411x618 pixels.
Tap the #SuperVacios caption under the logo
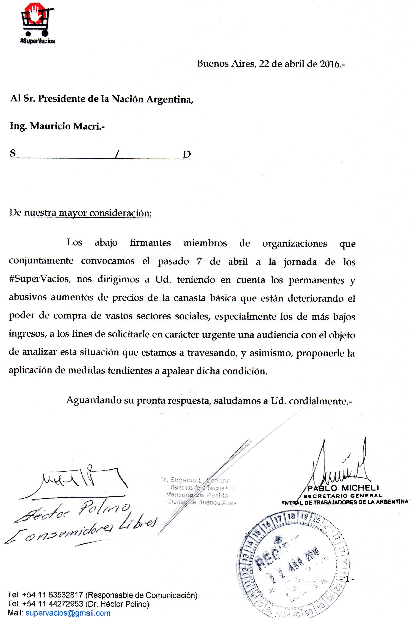(38, 41)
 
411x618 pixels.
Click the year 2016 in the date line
(329, 64)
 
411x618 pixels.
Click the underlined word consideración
(121, 213)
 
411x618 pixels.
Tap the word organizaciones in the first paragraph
(294, 244)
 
